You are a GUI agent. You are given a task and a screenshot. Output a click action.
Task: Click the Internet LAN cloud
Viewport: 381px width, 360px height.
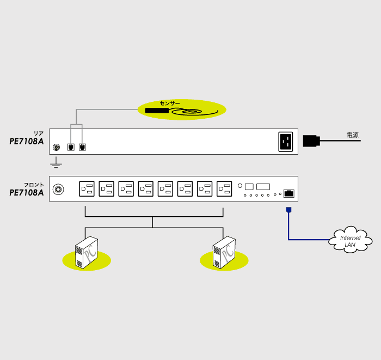coord(351,240)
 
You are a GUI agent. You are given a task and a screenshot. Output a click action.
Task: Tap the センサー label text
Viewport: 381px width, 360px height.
coord(170,103)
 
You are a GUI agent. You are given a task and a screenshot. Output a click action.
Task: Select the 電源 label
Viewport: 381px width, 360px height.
coord(353,135)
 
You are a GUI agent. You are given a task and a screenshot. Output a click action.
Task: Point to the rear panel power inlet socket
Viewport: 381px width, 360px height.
coord(286,142)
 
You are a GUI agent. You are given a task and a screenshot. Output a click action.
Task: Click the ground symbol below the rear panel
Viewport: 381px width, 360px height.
coord(56,163)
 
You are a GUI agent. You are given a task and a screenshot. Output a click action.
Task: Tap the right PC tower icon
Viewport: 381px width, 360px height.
coord(224,253)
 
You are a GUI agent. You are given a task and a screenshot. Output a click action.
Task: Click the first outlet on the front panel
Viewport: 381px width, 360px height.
coord(87,189)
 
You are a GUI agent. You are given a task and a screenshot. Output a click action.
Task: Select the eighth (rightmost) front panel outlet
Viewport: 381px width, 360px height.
coord(224,189)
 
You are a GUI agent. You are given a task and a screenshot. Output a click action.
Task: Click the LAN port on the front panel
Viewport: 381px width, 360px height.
coord(290,193)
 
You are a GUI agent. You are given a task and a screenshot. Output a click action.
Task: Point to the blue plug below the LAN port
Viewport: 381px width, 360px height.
coord(288,210)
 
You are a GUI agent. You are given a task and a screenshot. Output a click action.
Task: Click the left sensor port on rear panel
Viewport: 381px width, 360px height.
coord(70,147)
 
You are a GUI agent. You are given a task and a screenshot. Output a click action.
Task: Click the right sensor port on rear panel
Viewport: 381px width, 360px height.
coord(82,147)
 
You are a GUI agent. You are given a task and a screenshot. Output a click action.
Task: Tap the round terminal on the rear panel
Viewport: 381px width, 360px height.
coord(56,147)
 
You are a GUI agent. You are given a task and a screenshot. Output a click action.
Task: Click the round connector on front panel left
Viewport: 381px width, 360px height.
coord(58,190)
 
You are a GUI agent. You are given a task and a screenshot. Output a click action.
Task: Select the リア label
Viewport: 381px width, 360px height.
coord(39,133)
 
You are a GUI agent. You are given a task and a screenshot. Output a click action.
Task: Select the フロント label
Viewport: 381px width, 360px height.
coord(34,185)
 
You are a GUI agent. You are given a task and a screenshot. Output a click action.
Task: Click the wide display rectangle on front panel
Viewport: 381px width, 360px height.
coord(263,186)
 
